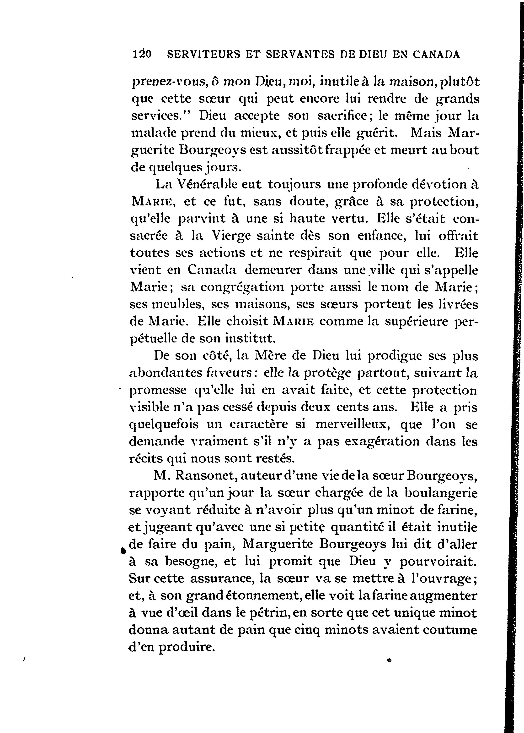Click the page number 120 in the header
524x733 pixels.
142,54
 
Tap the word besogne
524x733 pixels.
193,562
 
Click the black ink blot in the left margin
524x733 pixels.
123,551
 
